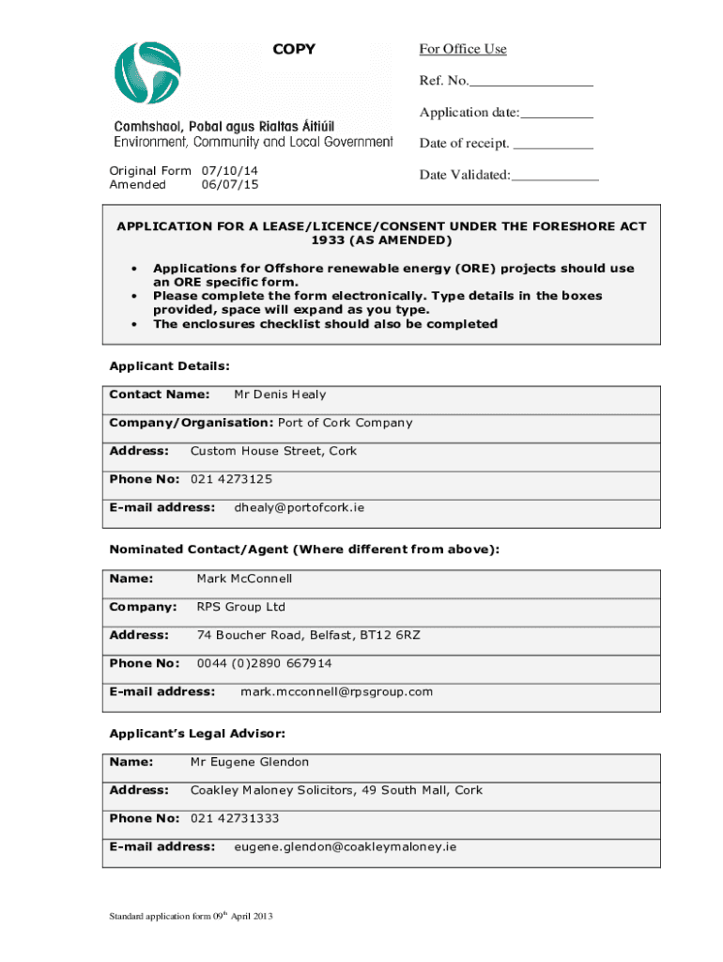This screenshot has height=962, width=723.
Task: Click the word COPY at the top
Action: point(294,49)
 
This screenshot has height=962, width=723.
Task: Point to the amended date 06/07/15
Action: point(230,185)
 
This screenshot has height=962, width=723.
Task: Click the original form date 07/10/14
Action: point(230,171)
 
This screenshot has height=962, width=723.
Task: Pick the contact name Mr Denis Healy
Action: point(280,395)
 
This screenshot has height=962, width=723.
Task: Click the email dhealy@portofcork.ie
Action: point(299,507)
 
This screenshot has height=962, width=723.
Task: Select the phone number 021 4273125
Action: point(232,479)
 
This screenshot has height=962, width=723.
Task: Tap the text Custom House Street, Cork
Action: point(273,451)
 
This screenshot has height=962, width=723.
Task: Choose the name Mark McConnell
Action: point(244,579)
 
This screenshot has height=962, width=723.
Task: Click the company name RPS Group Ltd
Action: point(240,607)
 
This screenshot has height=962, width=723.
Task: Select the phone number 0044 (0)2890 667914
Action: point(264,663)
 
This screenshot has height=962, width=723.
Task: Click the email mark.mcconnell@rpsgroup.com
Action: point(337,691)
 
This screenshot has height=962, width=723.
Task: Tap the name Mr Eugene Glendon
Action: point(250,762)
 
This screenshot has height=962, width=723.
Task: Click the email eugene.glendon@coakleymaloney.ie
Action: point(345,846)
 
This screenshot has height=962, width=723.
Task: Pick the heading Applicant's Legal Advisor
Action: point(197,733)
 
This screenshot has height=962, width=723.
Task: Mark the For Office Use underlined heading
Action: point(463,49)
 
